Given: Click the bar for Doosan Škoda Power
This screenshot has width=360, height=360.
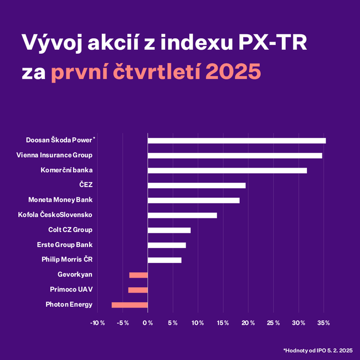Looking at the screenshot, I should point(236,141).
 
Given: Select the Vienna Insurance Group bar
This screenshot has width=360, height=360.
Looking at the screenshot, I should point(235,156).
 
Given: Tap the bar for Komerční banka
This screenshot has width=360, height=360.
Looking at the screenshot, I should point(227,171).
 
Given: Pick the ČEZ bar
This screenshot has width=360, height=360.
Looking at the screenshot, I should point(197,186).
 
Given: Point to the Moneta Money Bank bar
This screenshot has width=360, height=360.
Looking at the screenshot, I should point(193,200).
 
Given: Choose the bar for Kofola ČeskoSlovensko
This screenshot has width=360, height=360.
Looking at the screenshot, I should point(182,215).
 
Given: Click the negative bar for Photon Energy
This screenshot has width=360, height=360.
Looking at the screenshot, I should point(130,305).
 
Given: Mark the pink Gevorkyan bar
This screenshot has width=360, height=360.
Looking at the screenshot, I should point(138,275).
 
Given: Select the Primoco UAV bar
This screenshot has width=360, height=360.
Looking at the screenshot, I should point(138,290).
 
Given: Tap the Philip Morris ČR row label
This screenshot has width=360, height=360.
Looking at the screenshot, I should point(66,260).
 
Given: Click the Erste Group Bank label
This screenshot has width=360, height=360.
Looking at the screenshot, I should point(64,245).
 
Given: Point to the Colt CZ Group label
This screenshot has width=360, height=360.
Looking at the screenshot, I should point(70,230).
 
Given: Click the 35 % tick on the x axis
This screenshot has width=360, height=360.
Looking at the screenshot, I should point(323,323).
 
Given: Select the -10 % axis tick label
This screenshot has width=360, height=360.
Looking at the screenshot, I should point(97,323).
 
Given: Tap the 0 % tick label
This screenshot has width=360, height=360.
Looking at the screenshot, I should point(147,323).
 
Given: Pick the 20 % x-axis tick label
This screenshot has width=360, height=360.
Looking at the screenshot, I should point(248,323).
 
